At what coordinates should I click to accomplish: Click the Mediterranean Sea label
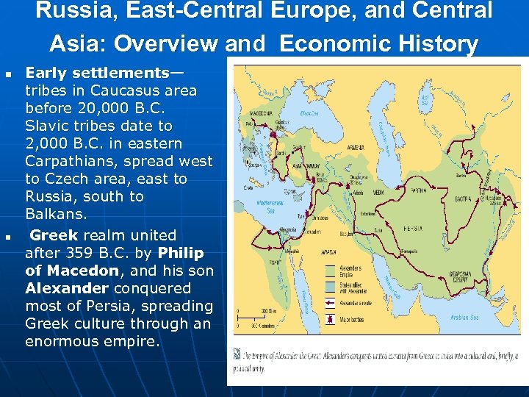pos(263,207)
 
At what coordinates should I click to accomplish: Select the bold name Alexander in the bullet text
pos(67,288)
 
